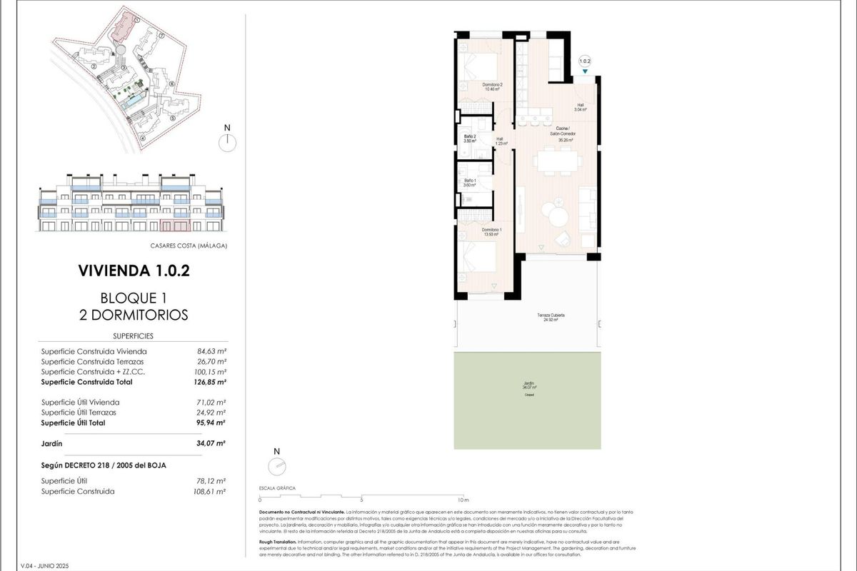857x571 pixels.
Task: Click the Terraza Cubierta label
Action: (x=556, y=317)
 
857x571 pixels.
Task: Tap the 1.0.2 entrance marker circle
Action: (x=586, y=61)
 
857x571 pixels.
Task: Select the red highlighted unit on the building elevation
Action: (x=174, y=227)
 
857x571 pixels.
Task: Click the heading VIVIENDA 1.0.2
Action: (x=134, y=271)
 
